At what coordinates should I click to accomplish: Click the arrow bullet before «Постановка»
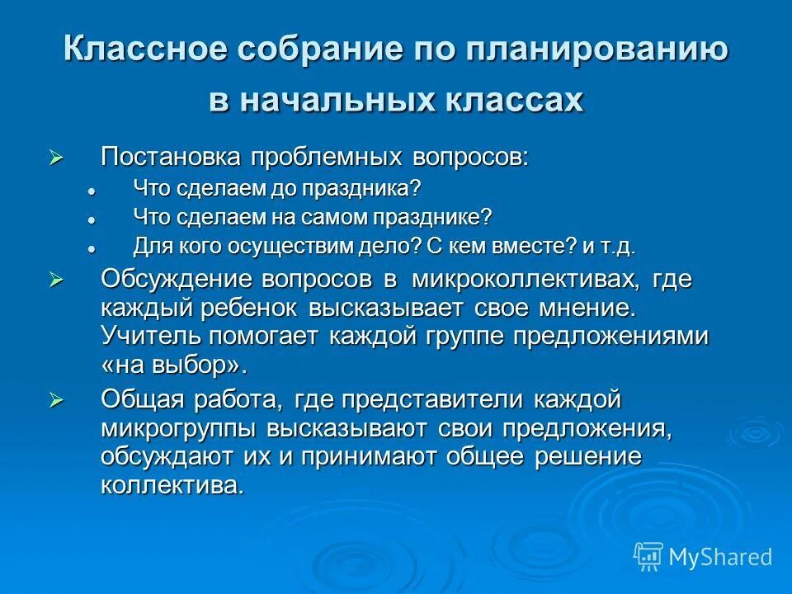(56, 157)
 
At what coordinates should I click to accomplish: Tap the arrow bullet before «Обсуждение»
(56, 280)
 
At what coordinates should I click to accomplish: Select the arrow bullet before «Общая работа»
(56, 400)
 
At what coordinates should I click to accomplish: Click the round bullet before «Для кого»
(92, 247)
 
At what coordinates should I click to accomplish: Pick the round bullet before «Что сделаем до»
(92, 189)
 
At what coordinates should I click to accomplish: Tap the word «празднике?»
(445, 217)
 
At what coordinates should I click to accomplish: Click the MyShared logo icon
(648, 557)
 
